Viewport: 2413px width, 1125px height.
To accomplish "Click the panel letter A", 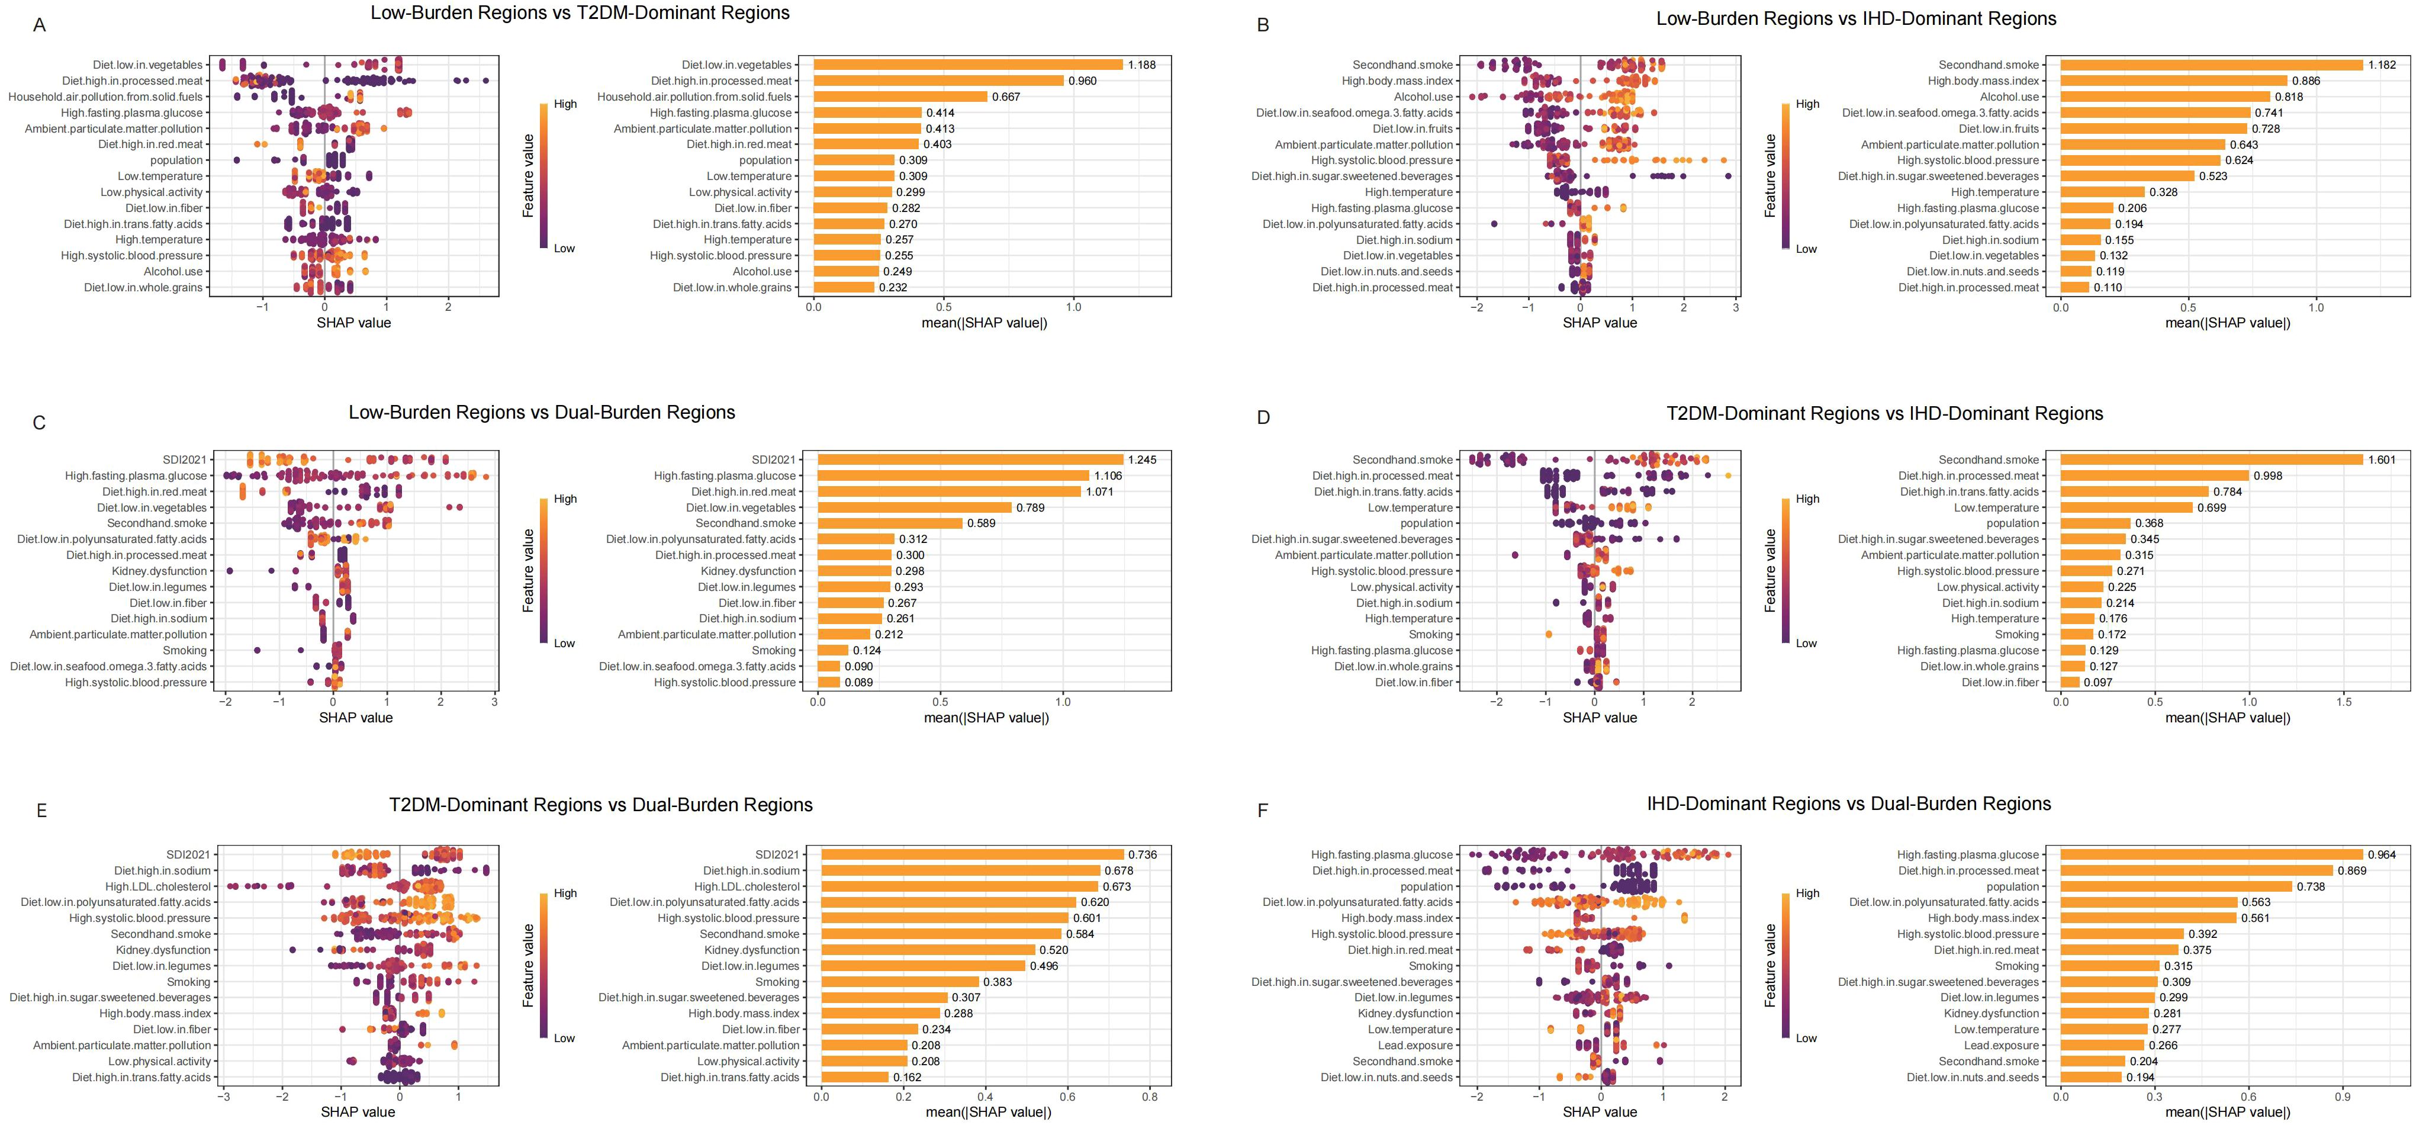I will click(38, 25).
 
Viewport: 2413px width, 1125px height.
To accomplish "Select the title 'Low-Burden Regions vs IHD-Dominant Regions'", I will click(1856, 19).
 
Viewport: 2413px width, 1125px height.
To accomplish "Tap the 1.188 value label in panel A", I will click(1142, 65).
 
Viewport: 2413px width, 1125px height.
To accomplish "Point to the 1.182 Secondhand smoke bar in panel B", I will click(2211, 65).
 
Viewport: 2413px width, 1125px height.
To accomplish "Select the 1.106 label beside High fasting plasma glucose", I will click(1108, 476).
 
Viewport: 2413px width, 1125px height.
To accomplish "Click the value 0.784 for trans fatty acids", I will click(2228, 492).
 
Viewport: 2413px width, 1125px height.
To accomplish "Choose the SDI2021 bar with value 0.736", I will click(972, 854).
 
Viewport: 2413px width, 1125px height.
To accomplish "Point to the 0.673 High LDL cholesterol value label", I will click(1117, 886).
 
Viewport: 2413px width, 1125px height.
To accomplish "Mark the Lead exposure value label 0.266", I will click(2163, 1046).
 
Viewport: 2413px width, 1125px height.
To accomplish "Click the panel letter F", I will click(1263, 810).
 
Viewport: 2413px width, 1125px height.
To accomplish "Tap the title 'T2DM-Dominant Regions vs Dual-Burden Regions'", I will click(600, 805).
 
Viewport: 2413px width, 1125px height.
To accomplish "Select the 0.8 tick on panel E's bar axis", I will click(1149, 1096).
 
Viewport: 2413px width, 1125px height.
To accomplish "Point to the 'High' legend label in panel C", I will click(565, 499).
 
